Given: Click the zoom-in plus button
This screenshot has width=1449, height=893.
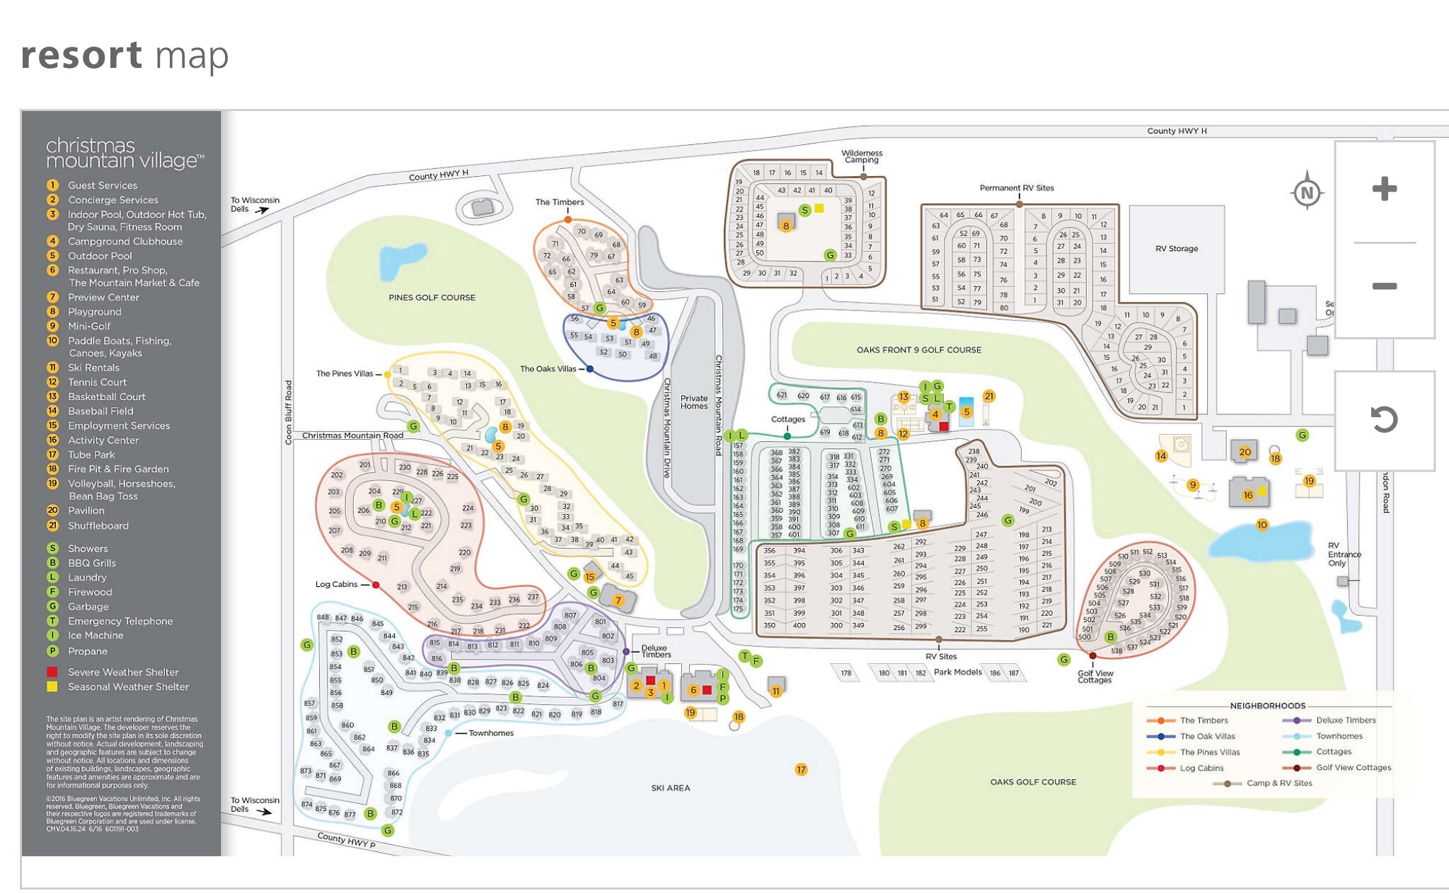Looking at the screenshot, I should coord(1384,189).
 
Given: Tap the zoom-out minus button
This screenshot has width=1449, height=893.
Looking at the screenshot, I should coord(1384,286).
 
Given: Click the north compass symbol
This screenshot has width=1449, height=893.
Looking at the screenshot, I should coord(1307,192).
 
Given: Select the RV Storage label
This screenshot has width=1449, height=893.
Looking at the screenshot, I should coord(1177,249).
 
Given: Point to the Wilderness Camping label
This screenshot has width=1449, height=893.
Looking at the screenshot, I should coord(862,156).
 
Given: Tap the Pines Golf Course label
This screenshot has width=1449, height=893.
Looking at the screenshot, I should coord(432,298).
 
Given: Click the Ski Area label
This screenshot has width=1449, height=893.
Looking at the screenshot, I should coord(670,788).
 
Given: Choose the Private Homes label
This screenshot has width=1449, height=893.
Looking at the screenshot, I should coord(694,402).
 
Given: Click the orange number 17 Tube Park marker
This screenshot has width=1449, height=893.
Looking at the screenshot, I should coord(801,769).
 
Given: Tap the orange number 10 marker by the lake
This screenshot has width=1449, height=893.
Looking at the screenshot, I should coord(1262,525).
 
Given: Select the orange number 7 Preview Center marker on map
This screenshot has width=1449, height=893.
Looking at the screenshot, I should coord(618,600).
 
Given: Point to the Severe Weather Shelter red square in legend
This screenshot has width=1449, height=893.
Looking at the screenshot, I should coord(52,672).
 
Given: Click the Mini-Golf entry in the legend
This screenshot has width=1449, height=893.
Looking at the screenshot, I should coord(89,326).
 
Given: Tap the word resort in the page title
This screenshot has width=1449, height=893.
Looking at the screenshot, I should coord(81,56).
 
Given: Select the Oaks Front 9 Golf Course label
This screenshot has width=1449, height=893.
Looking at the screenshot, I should coord(918,350).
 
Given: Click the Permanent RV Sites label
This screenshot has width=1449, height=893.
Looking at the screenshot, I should coord(1016,188).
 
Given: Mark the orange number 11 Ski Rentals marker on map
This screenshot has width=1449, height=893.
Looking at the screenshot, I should coord(776,691).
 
